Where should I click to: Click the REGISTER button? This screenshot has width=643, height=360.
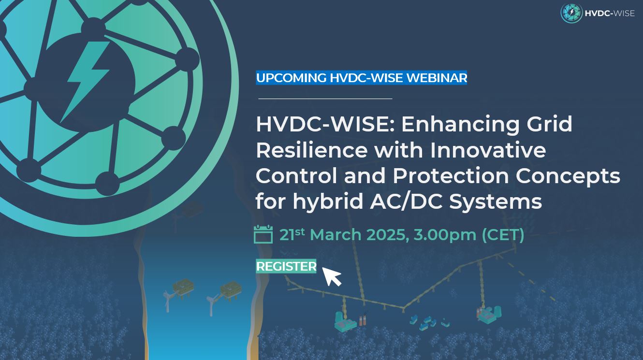click(286, 266)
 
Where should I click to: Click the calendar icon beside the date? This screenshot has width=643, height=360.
click(263, 234)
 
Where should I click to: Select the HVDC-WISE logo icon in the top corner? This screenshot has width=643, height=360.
click(571, 13)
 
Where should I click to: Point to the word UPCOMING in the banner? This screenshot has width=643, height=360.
click(291, 78)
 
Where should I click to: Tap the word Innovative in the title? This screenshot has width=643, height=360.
click(488, 150)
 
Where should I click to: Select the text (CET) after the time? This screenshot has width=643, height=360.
click(503, 235)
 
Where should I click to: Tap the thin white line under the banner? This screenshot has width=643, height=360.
click(325, 99)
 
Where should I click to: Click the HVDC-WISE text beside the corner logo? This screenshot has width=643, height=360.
click(609, 14)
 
